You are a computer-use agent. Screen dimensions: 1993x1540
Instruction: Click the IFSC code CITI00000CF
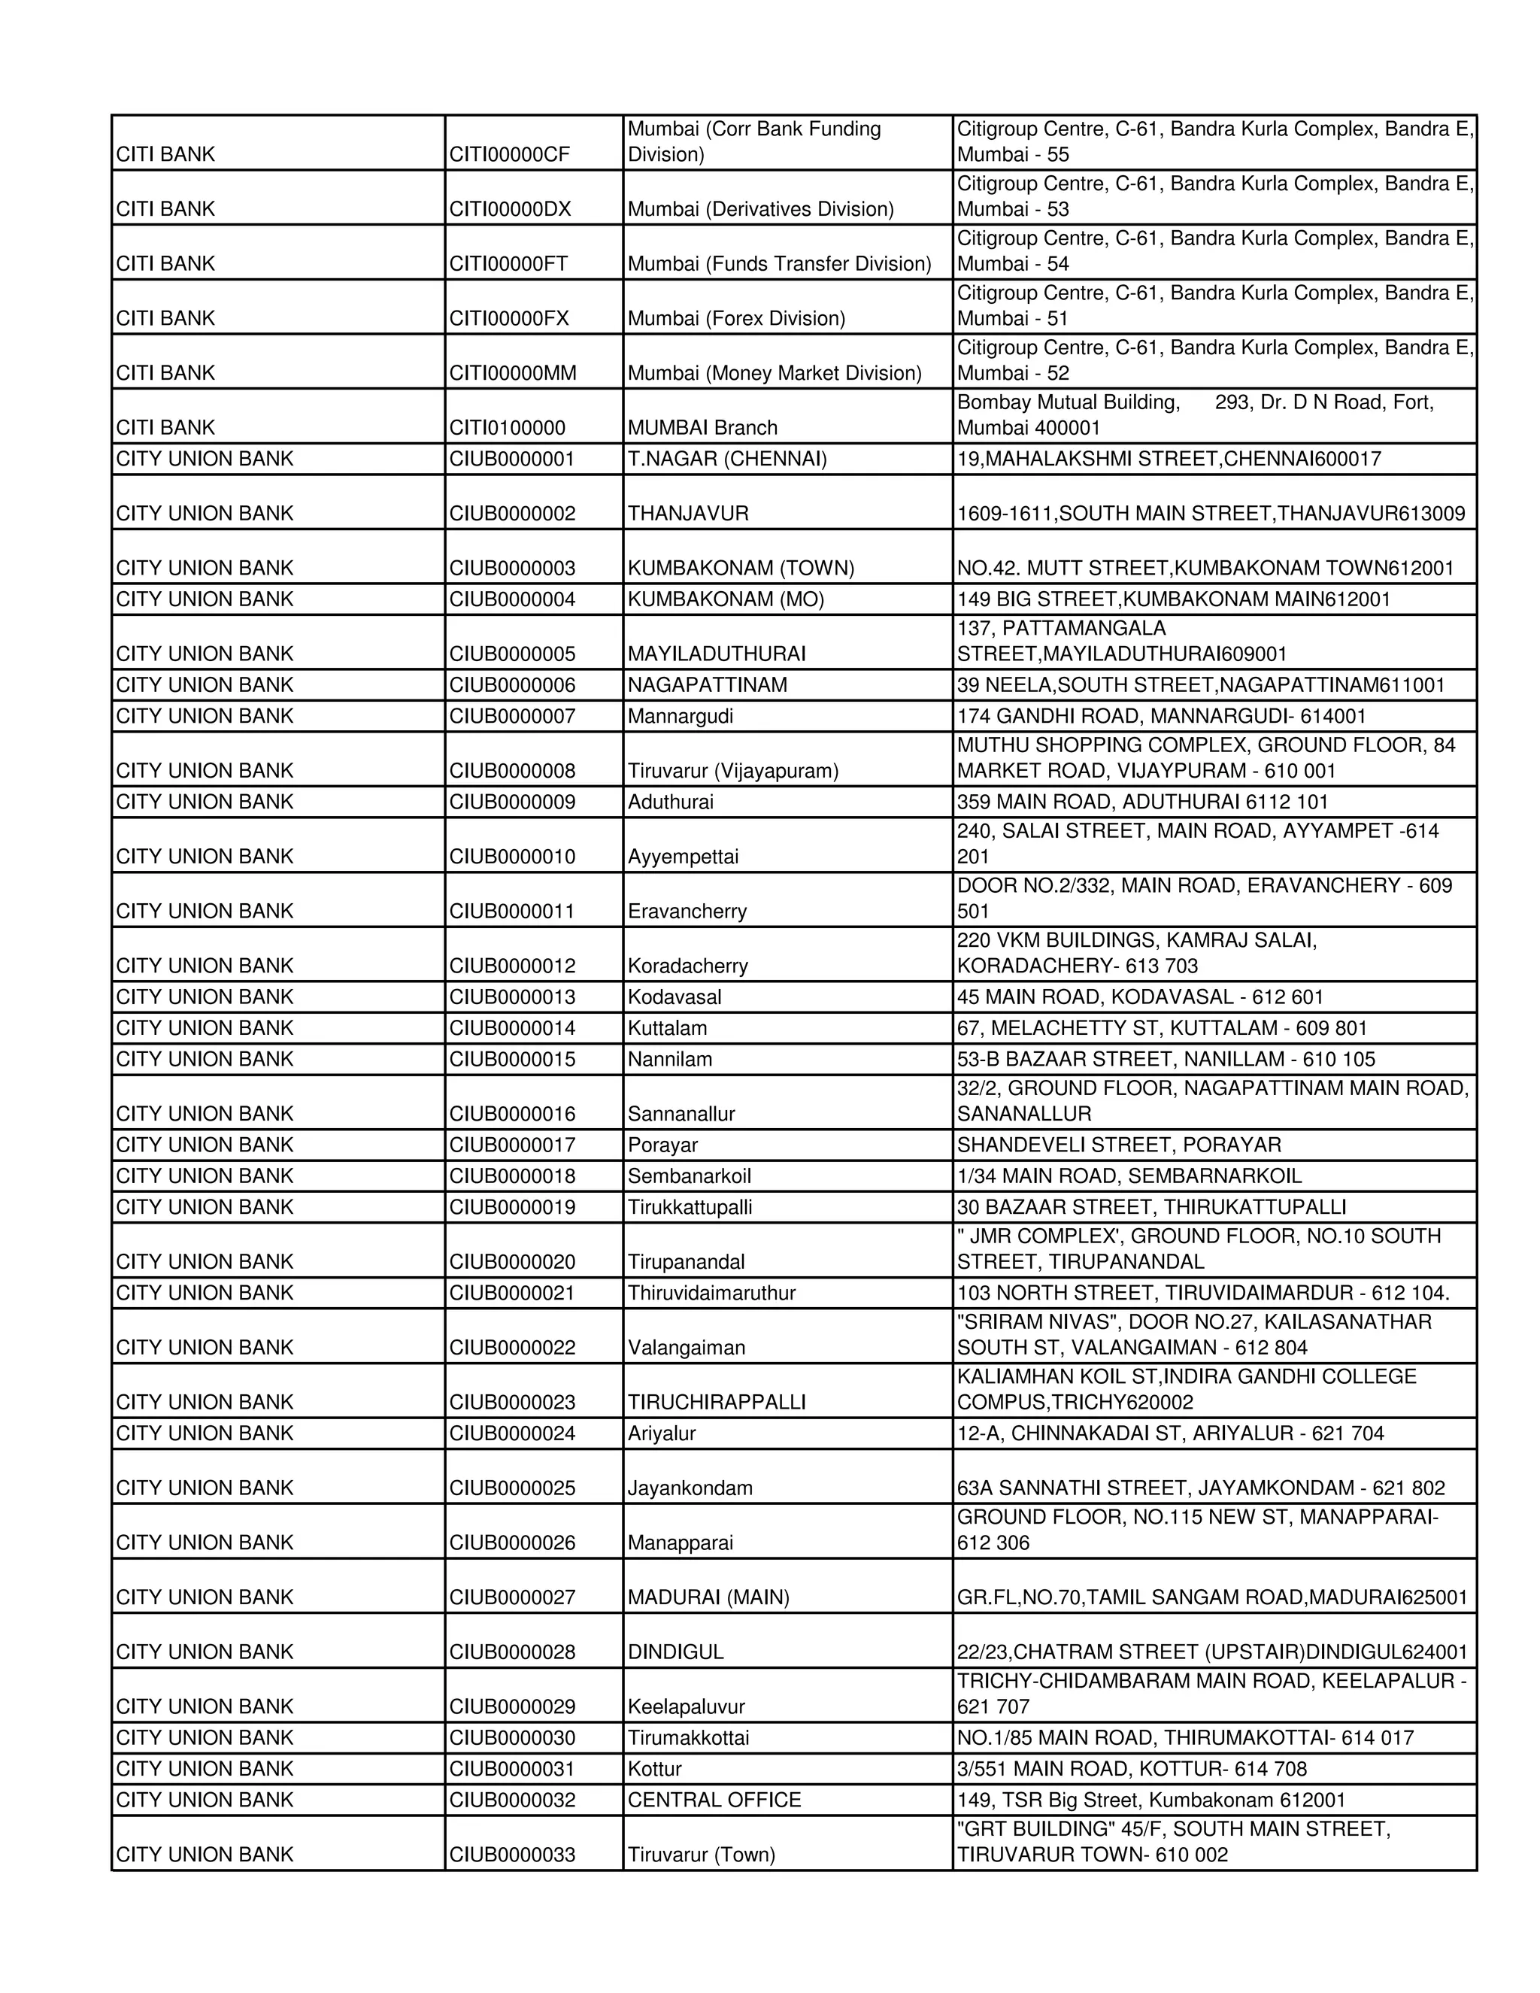pyautogui.click(x=509, y=154)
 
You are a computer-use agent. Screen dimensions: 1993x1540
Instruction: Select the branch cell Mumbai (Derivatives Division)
pyautogui.click(x=760, y=209)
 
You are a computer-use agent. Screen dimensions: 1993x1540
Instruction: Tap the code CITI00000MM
pyautogui.click(x=513, y=373)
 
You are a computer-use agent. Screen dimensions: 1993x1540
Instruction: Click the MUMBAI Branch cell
pyautogui.click(x=702, y=428)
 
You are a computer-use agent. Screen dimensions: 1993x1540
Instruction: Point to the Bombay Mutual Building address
pyautogui.click(x=1195, y=415)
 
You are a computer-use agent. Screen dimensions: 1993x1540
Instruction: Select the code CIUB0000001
pyautogui.click(x=512, y=459)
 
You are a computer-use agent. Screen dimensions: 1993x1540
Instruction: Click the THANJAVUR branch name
pyautogui.click(x=688, y=514)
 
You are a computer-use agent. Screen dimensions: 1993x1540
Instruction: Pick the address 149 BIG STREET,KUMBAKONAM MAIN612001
pyautogui.click(x=1173, y=599)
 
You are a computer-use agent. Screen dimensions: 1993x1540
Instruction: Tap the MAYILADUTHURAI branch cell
pyautogui.click(x=716, y=654)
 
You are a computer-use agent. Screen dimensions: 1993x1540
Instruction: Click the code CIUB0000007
pyautogui.click(x=512, y=716)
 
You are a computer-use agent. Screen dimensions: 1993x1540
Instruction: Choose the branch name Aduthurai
pyautogui.click(x=671, y=802)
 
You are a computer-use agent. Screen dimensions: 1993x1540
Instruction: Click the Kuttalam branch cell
pyautogui.click(x=667, y=1028)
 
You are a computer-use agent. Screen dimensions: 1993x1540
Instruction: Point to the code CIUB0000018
pyautogui.click(x=512, y=1176)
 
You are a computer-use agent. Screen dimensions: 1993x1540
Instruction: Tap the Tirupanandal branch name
pyautogui.click(x=686, y=1262)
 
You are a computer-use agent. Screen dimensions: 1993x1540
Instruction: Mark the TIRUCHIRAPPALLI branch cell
pyautogui.click(x=716, y=1403)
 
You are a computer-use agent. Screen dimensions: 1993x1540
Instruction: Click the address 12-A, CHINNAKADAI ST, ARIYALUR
pyautogui.click(x=1169, y=1433)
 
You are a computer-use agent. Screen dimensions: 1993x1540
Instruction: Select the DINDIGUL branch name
pyautogui.click(x=675, y=1652)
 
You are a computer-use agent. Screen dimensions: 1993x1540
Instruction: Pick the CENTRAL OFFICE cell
pyautogui.click(x=714, y=1800)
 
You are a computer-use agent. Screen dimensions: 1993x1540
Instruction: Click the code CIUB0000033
pyautogui.click(x=512, y=1855)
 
